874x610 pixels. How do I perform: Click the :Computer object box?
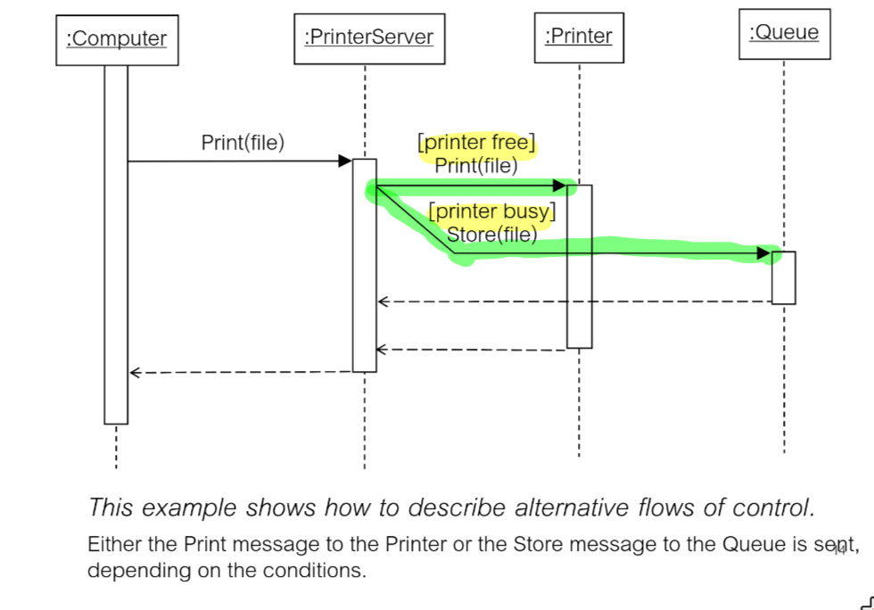point(117,39)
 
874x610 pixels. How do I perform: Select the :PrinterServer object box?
point(368,37)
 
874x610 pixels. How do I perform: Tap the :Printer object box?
point(579,37)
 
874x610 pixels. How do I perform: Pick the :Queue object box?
point(784,34)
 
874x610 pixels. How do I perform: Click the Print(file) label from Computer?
point(243,143)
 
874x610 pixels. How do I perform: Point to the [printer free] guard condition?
point(476,143)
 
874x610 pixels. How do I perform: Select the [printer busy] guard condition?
point(491,212)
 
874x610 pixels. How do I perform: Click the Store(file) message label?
point(491,235)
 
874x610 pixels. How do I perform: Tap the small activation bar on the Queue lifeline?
point(783,277)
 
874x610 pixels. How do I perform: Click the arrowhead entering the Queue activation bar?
point(763,254)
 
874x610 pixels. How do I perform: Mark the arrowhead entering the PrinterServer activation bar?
point(344,161)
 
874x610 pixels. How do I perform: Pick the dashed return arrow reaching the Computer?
point(241,373)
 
